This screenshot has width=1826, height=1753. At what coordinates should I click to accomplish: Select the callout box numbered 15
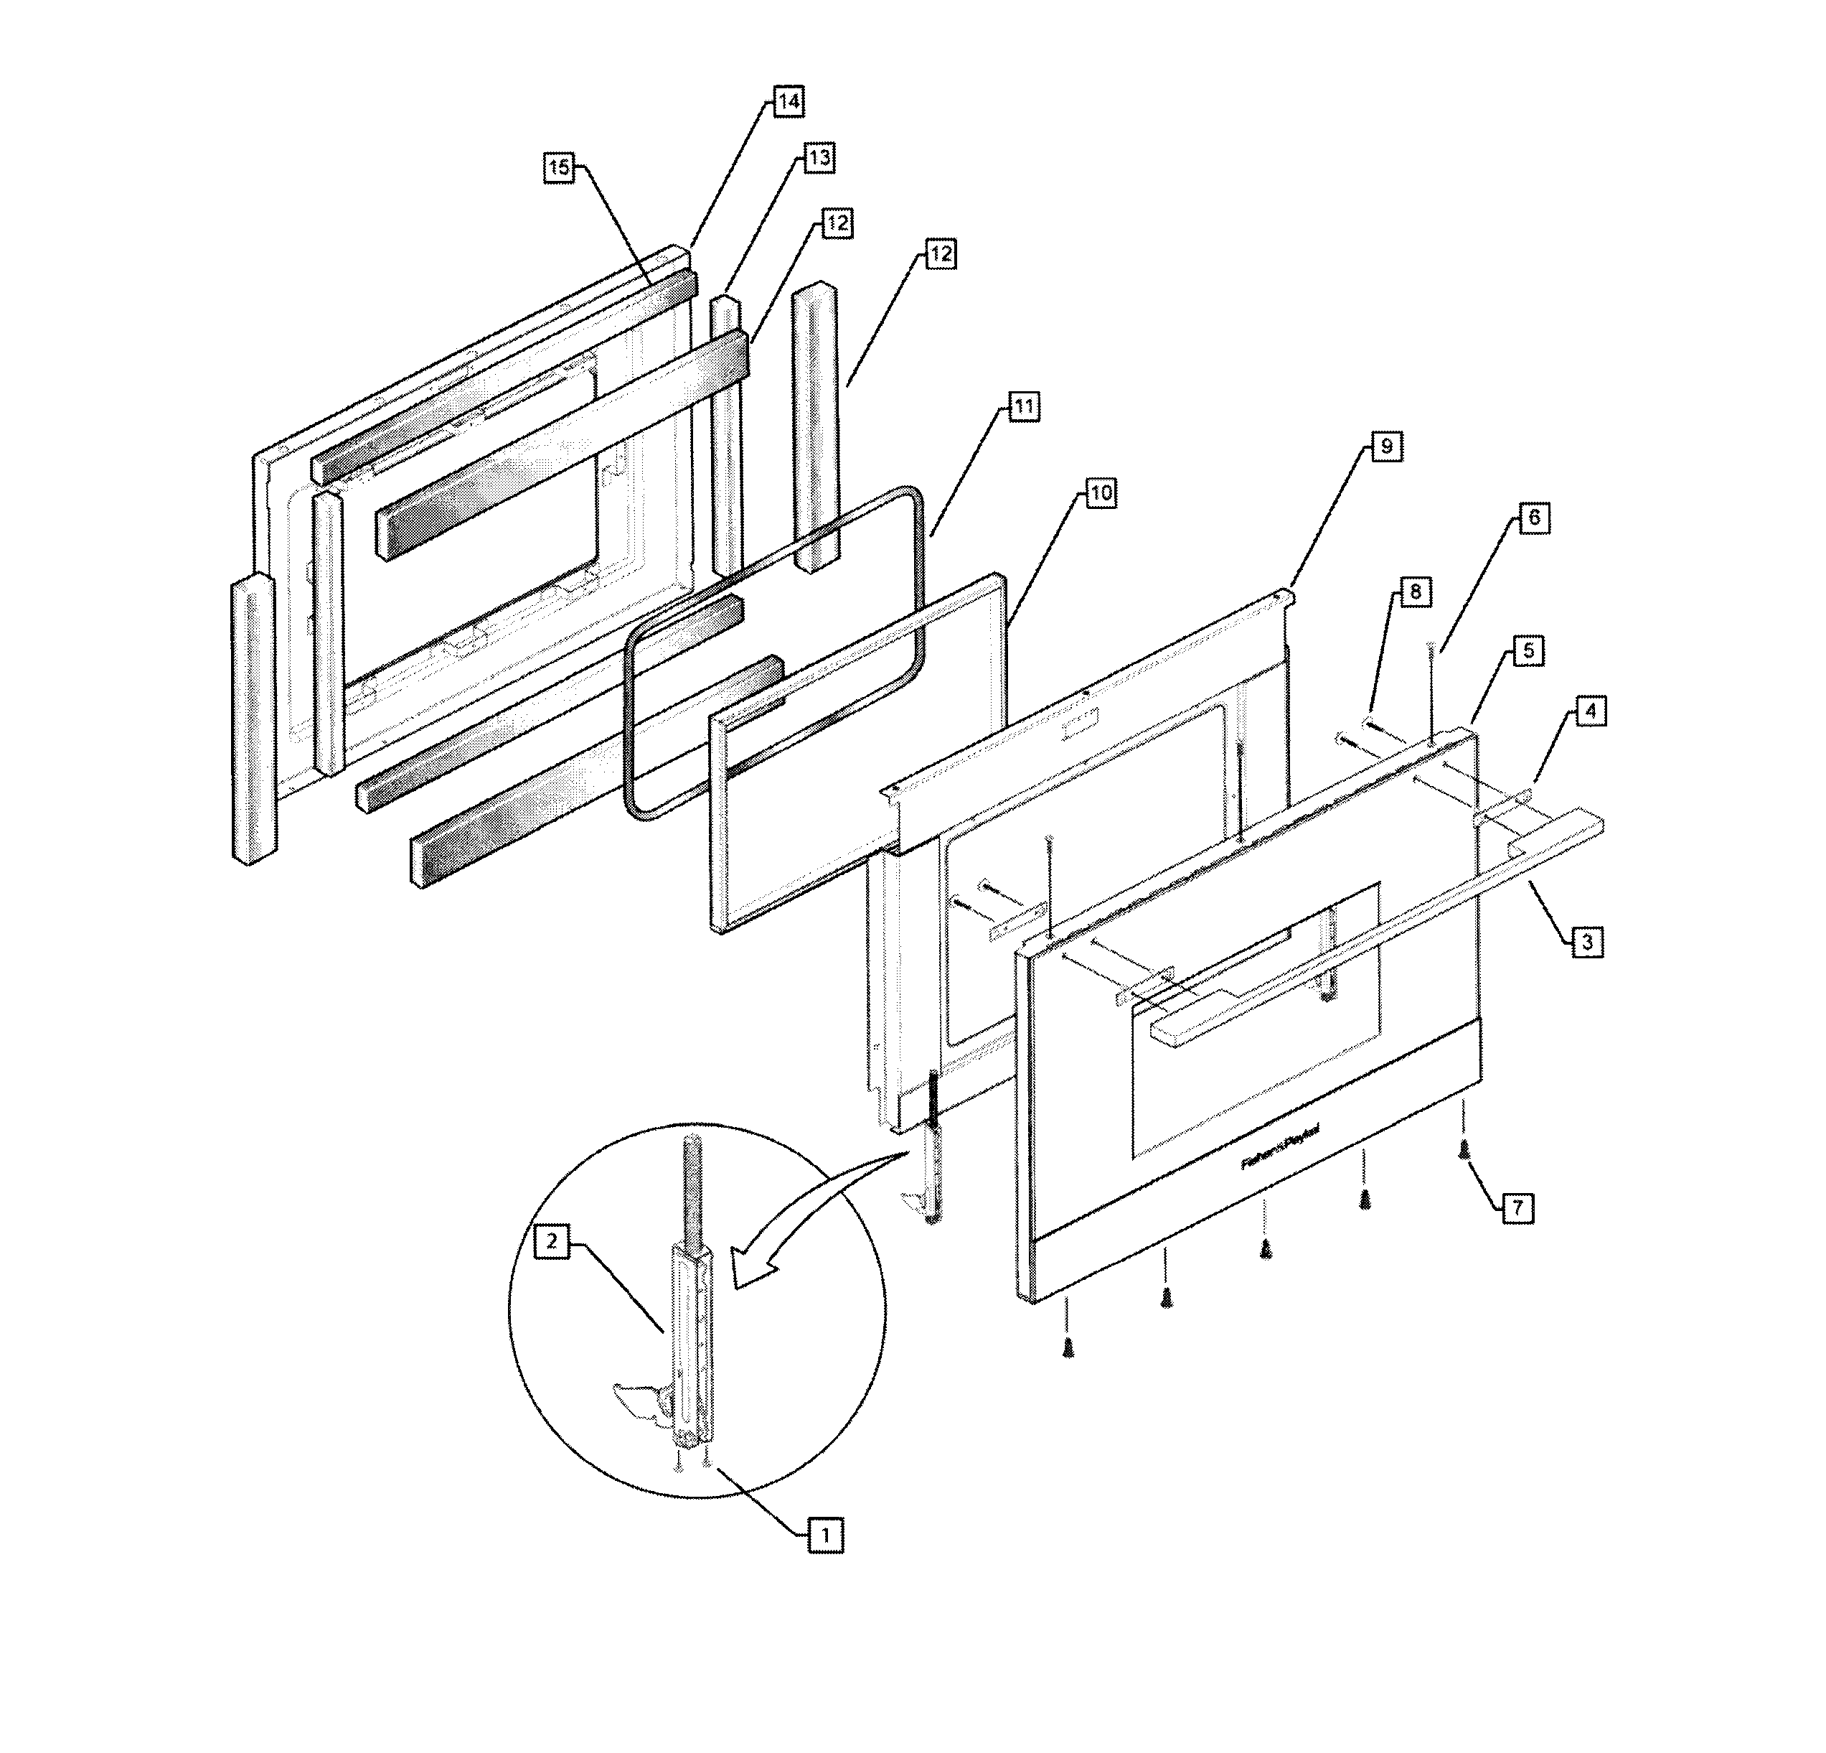pos(558,168)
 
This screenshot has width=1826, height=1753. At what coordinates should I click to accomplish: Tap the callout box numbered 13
pos(818,159)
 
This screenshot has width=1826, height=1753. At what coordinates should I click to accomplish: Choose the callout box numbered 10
pos(1100,493)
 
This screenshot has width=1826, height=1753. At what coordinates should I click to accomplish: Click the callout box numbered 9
pos(1386,447)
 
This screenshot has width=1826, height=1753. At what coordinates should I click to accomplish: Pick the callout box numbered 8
pos(1415,593)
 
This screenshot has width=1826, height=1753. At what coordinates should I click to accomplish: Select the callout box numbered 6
pos(1535,518)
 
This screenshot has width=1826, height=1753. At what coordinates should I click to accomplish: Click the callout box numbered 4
pos(1591,712)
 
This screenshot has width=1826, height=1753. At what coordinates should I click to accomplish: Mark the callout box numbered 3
pos(1588,943)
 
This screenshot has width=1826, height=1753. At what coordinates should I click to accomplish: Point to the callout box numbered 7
pos(1517,1209)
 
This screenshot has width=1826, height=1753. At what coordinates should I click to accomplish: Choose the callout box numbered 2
pos(552,1241)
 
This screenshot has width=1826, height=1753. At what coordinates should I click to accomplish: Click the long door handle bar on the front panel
pos(1379,921)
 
